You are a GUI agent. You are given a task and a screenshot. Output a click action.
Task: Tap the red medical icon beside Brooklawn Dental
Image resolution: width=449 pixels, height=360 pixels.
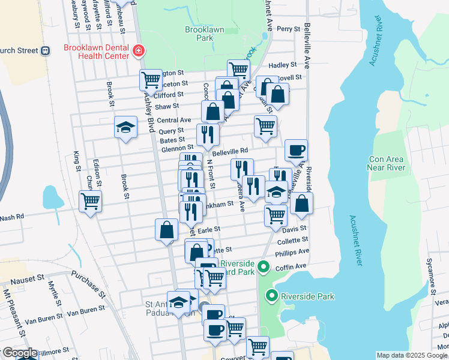[139, 51]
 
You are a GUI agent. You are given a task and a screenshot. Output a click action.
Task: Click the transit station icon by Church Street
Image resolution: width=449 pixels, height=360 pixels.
[45, 51]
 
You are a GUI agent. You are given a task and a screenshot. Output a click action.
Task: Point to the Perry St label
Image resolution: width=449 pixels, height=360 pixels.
[288, 29]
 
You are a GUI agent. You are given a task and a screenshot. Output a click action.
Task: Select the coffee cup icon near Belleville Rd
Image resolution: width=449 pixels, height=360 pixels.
[295, 150]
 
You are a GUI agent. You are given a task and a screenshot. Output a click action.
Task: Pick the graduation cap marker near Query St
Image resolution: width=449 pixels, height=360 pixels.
[125, 127]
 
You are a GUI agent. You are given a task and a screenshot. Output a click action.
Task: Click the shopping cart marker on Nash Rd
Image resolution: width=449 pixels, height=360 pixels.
[90, 202]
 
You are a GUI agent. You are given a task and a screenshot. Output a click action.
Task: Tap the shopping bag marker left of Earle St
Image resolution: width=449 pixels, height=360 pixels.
[166, 230]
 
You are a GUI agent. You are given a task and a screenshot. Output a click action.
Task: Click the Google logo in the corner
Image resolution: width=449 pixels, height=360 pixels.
[19, 353]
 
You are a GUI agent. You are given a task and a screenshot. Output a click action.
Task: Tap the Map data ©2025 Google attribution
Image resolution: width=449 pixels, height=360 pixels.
[412, 355]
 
